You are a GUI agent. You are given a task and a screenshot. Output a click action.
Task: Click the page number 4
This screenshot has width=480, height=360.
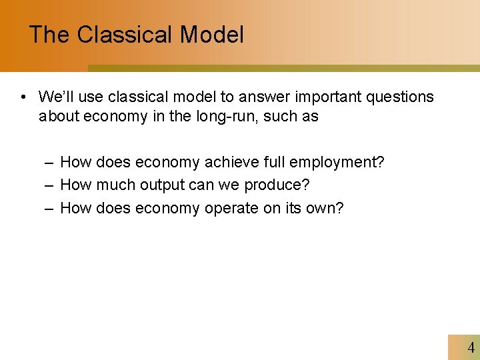[x=471, y=347]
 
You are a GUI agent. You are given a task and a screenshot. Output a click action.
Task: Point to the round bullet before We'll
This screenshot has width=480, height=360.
[x=23, y=97]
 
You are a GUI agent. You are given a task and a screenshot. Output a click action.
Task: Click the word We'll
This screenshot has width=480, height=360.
[x=55, y=97]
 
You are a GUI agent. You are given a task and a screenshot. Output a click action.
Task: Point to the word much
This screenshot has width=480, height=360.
[x=114, y=185]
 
